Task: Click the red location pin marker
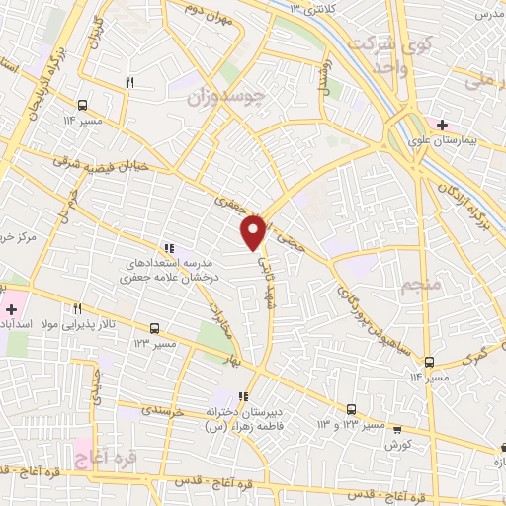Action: (x=254, y=231)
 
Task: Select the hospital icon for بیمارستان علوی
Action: (x=441, y=125)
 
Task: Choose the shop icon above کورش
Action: (x=396, y=430)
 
